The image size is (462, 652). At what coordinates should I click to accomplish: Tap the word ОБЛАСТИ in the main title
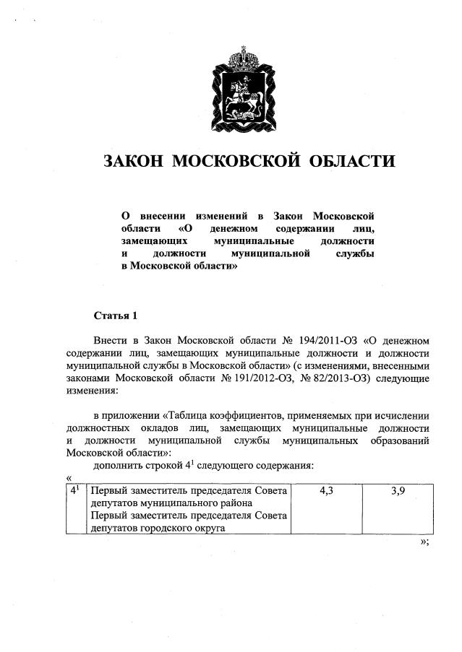352,161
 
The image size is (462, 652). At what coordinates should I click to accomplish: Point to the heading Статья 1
115,316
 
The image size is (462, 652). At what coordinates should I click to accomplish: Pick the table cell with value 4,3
325,492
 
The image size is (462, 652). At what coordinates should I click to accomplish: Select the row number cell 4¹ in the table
75,491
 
